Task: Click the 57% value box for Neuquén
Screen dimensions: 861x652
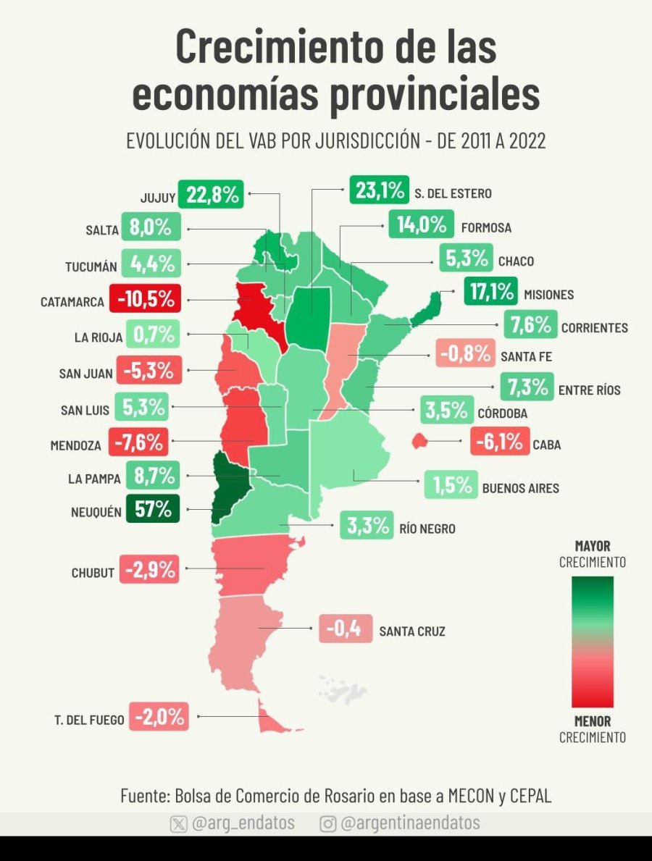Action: (152, 508)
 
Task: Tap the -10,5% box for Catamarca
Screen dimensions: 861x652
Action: (145, 298)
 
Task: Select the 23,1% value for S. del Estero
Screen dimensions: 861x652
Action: (380, 190)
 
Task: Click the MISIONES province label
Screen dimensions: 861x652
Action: (548, 295)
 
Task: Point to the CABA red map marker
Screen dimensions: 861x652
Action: (419, 440)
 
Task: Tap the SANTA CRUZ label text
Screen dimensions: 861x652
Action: (412, 631)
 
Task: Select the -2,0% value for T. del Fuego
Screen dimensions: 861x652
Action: (159, 718)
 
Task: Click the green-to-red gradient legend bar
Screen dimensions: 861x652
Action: (592, 641)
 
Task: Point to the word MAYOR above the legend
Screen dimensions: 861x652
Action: (593, 546)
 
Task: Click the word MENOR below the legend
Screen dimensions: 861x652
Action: (593, 721)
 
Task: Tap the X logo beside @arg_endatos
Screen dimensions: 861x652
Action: (178, 824)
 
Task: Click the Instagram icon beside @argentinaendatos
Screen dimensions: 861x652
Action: (327, 824)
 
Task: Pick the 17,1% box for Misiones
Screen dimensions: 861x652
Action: (490, 292)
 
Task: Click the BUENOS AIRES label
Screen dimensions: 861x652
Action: (520, 488)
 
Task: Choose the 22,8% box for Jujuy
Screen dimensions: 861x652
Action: (212, 195)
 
